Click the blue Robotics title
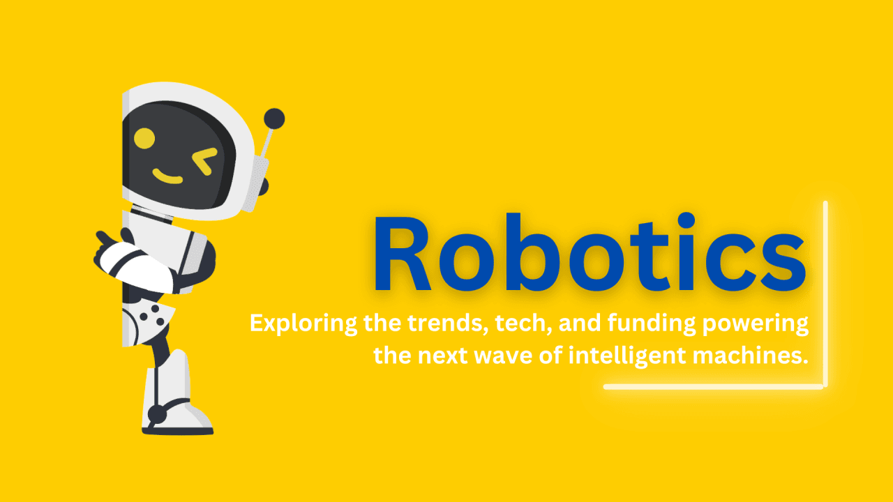point(590,252)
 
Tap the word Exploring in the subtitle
point(303,324)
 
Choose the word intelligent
point(627,356)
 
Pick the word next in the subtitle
point(442,356)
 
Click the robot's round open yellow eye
point(144,138)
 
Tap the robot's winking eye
point(205,161)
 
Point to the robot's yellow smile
point(167,176)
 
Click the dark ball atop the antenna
point(274,119)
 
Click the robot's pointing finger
point(104,238)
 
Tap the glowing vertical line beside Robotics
point(825,294)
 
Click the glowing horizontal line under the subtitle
point(714,386)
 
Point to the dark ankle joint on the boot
point(157,414)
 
